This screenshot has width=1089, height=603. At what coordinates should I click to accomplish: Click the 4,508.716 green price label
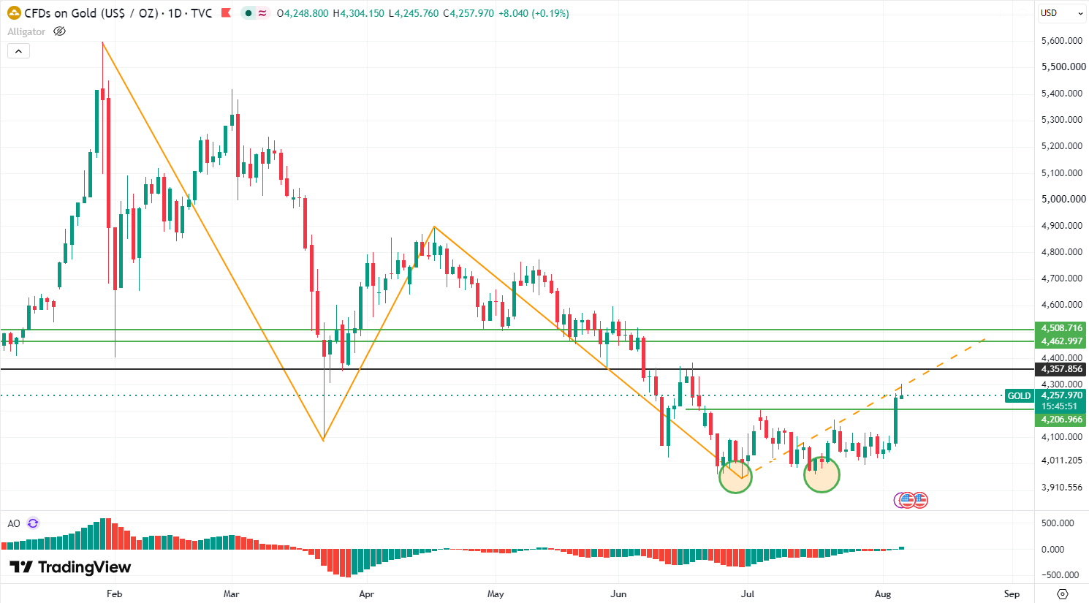[x=1060, y=328]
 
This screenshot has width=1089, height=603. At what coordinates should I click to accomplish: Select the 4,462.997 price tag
[x=1060, y=341]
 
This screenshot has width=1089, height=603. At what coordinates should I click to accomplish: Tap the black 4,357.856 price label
[x=1060, y=369]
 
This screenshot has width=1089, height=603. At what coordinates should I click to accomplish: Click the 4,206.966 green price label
[x=1060, y=420]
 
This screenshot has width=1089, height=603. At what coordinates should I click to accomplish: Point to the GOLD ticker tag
[x=1019, y=396]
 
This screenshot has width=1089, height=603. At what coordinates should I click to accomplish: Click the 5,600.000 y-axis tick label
[x=1061, y=41]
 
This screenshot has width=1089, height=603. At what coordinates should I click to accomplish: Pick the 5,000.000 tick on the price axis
[x=1063, y=199]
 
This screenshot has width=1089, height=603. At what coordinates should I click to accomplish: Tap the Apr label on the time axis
[x=366, y=593]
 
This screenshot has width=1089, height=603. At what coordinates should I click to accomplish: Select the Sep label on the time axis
[x=1012, y=593]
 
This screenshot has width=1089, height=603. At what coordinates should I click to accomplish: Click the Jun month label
[x=618, y=593]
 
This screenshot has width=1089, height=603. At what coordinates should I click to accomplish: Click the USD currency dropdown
[x=1060, y=13]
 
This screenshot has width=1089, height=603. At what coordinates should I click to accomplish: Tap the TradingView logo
[x=70, y=567]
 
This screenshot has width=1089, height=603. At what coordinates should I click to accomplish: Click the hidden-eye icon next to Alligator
[x=59, y=31]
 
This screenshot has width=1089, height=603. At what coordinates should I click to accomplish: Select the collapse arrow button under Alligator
[x=18, y=51]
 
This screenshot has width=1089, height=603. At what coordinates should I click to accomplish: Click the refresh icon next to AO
[x=33, y=523]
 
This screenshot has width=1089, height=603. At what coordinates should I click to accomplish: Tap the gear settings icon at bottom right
[x=1063, y=593]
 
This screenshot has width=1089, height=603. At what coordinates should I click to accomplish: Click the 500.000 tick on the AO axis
[x=1058, y=523]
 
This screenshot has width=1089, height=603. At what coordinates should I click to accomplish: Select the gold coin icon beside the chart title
[x=14, y=13]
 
